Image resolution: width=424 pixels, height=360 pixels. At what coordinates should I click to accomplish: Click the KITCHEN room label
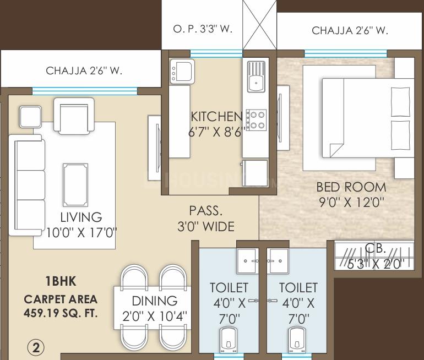coord(216,117)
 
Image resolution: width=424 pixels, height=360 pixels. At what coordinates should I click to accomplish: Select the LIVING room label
coord(81,217)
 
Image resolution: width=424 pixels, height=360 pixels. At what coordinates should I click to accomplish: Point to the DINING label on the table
coord(154,301)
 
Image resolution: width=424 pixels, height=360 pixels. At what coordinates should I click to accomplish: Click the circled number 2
coord(36,347)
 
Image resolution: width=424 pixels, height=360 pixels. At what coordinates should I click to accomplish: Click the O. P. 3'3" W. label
coord(203,29)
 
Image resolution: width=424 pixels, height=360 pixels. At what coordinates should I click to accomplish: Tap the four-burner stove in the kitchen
coord(256,120)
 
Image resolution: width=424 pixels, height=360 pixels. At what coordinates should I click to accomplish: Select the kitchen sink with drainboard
coord(256,77)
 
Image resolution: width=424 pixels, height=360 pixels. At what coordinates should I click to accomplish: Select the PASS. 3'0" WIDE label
coord(206,219)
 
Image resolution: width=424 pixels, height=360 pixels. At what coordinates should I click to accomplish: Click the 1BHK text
coord(61,281)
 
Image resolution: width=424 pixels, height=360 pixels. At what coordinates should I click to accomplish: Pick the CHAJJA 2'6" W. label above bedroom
coord(350,31)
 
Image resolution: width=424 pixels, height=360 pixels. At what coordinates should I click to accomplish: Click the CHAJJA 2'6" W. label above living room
coord(84,70)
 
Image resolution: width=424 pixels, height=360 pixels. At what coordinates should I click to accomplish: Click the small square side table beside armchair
coord(30,116)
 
